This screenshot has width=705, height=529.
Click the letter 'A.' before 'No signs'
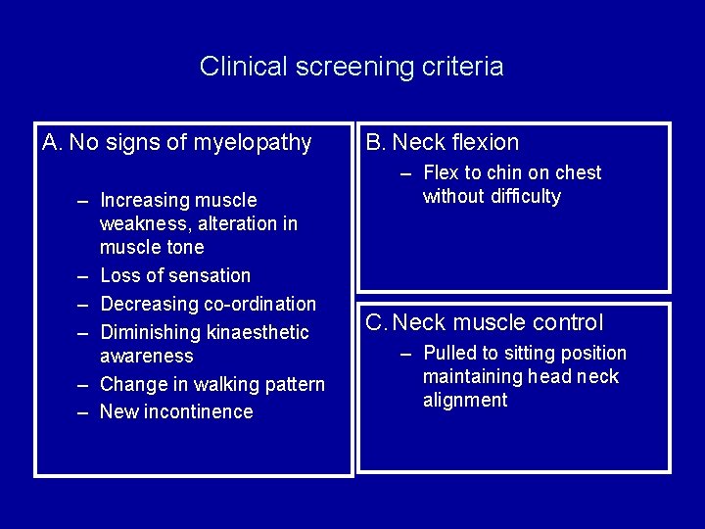[x=53, y=143]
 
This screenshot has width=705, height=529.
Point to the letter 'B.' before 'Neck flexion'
[x=376, y=143]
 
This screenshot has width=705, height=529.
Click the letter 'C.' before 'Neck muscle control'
[x=376, y=322]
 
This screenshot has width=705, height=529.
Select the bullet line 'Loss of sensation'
[x=175, y=275]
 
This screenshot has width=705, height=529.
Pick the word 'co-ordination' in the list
[x=262, y=304]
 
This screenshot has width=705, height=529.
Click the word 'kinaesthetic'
[x=258, y=332]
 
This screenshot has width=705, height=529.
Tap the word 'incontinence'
[x=199, y=411]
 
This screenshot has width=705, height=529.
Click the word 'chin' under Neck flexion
[x=505, y=173]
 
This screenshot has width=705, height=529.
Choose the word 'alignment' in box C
[x=465, y=401]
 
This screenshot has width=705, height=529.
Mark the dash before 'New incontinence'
[x=85, y=411]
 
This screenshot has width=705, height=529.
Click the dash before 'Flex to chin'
[x=407, y=173]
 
